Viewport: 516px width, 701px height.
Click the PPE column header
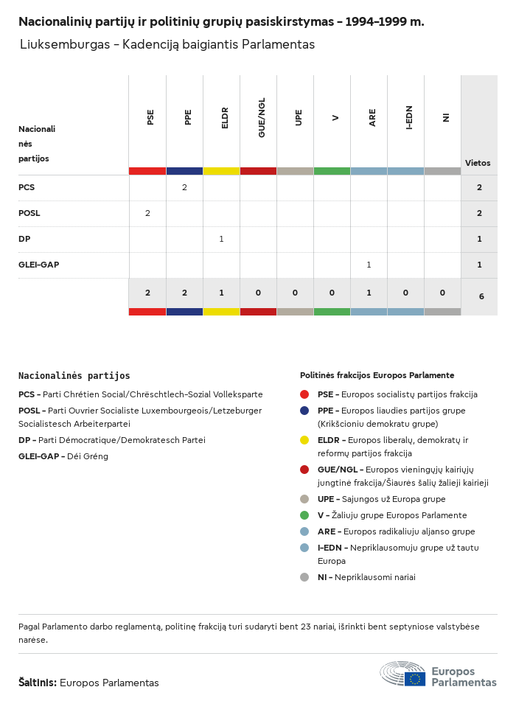188,117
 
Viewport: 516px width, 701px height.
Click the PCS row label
27,187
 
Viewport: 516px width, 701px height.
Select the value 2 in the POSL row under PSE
147,213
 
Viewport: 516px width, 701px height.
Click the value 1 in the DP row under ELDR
221,239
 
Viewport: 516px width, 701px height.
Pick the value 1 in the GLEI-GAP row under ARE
369,265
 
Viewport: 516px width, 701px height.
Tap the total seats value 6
481,296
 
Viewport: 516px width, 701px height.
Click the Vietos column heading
478,163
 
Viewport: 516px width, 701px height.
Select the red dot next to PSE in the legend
304,394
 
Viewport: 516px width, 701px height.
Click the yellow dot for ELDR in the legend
304,440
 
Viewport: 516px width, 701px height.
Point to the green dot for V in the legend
304,515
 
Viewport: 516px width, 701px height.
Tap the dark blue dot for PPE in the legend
304,411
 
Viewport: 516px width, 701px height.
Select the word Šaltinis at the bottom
37,683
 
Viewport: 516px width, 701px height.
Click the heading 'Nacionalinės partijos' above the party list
74,375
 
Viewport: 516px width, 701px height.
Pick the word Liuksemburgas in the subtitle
62,45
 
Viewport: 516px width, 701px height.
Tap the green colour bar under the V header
332,171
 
